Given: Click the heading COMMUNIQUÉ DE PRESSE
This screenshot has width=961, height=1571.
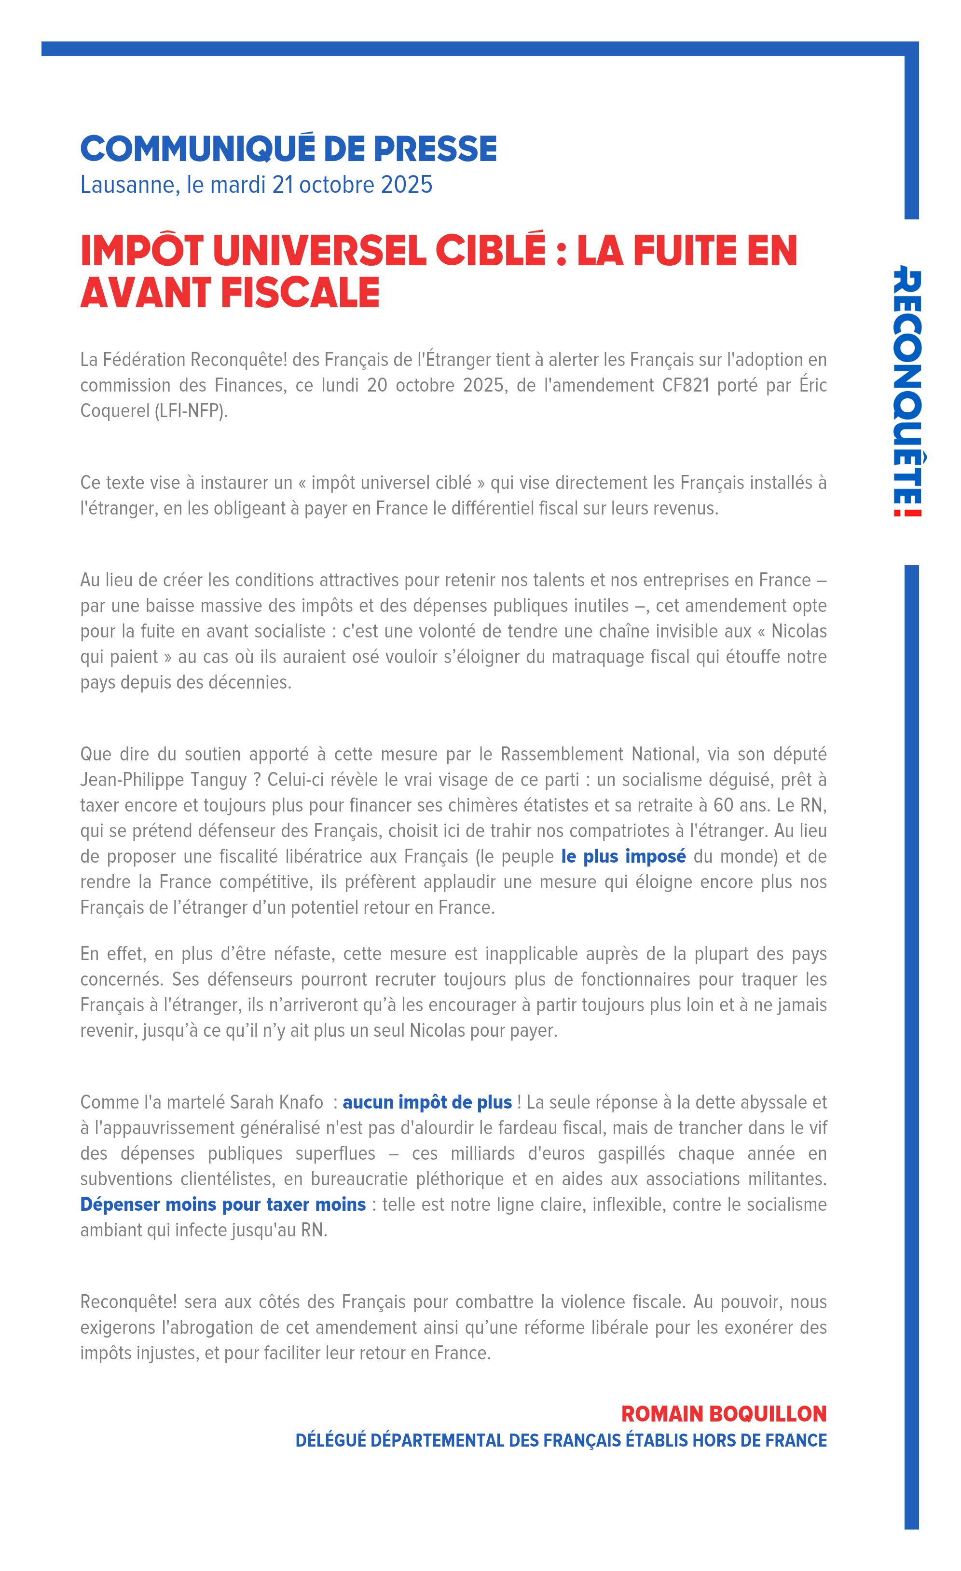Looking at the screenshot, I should pyautogui.click(x=288, y=149).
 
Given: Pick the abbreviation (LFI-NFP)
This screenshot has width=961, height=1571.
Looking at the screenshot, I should pyautogui.click(x=191, y=411).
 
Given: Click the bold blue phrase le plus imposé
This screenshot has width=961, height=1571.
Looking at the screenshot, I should pyautogui.click(x=623, y=856).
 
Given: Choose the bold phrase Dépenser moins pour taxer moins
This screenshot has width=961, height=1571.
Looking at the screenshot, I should pyautogui.click(x=222, y=1205).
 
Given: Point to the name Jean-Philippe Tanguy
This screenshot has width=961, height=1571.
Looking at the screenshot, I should pyautogui.click(x=163, y=780).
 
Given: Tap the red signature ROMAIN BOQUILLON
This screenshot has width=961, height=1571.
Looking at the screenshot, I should pyautogui.click(x=723, y=1413).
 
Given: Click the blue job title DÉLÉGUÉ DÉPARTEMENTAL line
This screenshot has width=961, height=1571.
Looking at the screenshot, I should pyautogui.click(x=561, y=1440).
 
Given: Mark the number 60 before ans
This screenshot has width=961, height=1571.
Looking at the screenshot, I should pyautogui.click(x=723, y=805).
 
